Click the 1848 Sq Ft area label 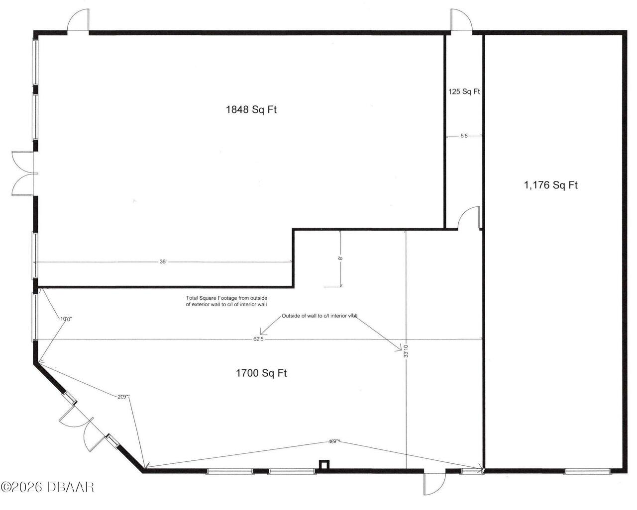[251, 110]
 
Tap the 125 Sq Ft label [463, 92]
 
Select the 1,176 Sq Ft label [550, 185]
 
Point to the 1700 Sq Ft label [261, 373]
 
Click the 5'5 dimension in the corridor [463, 136]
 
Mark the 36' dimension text [163, 261]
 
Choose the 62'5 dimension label [257, 339]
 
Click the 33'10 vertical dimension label [406, 352]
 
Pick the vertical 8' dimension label [340, 258]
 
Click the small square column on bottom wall [324, 465]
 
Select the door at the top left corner [78, 22]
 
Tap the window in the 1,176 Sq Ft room [587, 471]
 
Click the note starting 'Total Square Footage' [226, 301]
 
